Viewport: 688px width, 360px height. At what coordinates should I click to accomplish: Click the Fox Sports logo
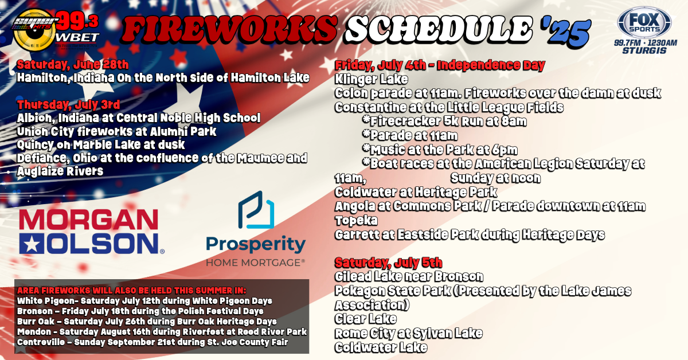(644, 24)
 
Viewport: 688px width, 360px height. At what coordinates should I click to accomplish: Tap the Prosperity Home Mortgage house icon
(256, 210)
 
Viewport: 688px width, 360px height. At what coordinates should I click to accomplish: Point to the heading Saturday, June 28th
(73, 65)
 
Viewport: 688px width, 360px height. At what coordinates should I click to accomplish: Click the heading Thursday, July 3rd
(68, 105)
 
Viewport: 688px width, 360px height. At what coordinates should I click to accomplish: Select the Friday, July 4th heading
(440, 65)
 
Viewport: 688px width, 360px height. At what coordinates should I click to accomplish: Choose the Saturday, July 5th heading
(388, 263)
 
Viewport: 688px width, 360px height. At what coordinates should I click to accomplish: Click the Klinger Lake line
(372, 79)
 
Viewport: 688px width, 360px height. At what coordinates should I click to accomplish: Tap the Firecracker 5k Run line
(444, 121)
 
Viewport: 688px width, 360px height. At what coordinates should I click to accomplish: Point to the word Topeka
(356, 221)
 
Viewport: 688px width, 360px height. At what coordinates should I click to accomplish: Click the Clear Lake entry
(366, 319)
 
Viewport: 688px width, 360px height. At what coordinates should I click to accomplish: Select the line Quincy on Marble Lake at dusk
(101, 144)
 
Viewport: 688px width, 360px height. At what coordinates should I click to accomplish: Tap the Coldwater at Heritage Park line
(416, 192)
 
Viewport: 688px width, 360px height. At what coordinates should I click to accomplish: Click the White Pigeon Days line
(144, 301)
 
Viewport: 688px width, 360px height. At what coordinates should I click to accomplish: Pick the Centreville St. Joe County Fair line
(153, 342)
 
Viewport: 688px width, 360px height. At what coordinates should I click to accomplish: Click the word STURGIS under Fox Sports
(644, 50)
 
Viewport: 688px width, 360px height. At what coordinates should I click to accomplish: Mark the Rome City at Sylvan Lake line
(408, 333)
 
